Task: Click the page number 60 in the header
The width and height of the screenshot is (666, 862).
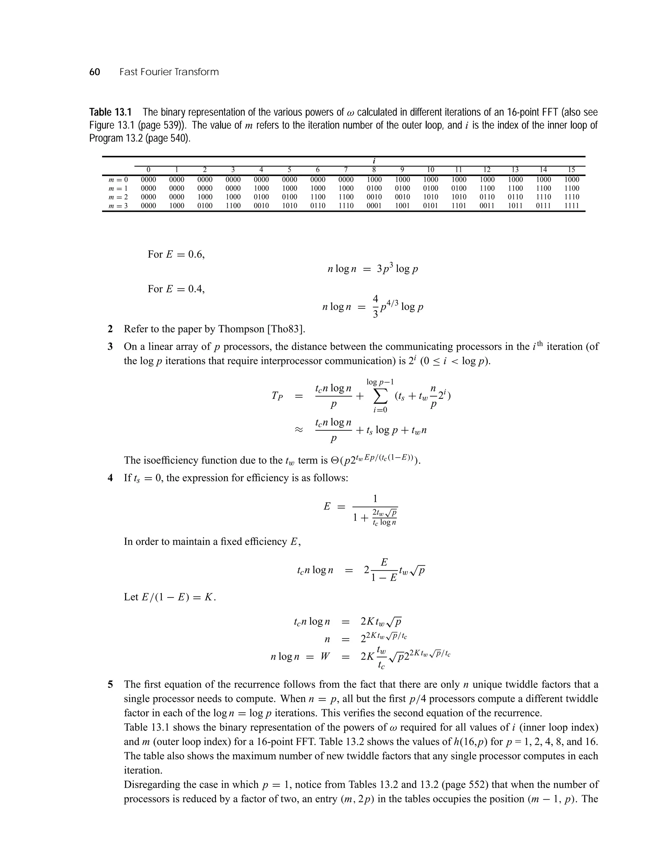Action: [x=95, y=72]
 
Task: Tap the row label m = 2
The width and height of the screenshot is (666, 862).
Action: [x=118, y=197]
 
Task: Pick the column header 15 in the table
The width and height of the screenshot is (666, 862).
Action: [x=571, y=170]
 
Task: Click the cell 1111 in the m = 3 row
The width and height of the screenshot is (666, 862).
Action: [x=571, y=206]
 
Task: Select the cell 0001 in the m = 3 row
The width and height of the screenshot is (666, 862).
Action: [x=374, y=206]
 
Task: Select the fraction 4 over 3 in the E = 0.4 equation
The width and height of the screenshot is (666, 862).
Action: [x=375, y=307]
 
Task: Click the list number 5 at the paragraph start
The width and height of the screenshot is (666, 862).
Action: [x=111, y=684]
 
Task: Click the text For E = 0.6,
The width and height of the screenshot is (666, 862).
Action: [x=176, y=254]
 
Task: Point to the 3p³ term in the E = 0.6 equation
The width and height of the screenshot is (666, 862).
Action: [x=384, y=269]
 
